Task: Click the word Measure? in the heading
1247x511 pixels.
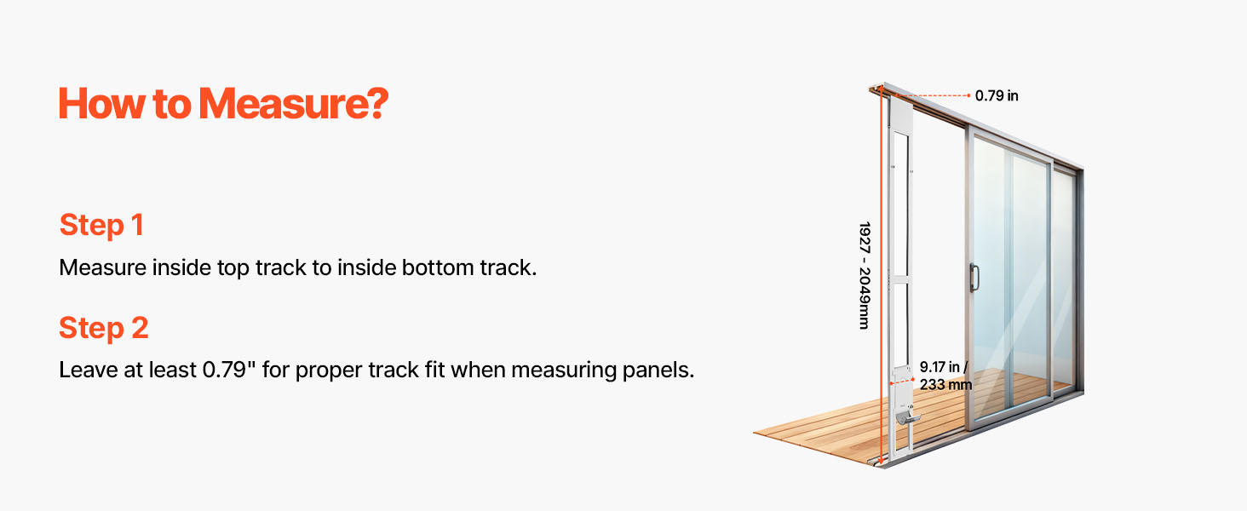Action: (293, 104)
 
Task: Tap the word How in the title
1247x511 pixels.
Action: (101, 104)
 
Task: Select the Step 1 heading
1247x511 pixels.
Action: (101, 225)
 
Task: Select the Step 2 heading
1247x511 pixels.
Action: (104, 327)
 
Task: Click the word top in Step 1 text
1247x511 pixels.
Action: (233, 268)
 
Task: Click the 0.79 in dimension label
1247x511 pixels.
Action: (997, 95)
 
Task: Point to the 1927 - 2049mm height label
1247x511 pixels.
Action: (864, 276)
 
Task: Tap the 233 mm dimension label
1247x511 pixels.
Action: (945, 385)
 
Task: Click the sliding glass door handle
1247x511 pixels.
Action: (974, 278)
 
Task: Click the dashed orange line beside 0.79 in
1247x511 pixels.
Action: (933, 95)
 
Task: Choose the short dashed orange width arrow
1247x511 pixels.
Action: (902, 382)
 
